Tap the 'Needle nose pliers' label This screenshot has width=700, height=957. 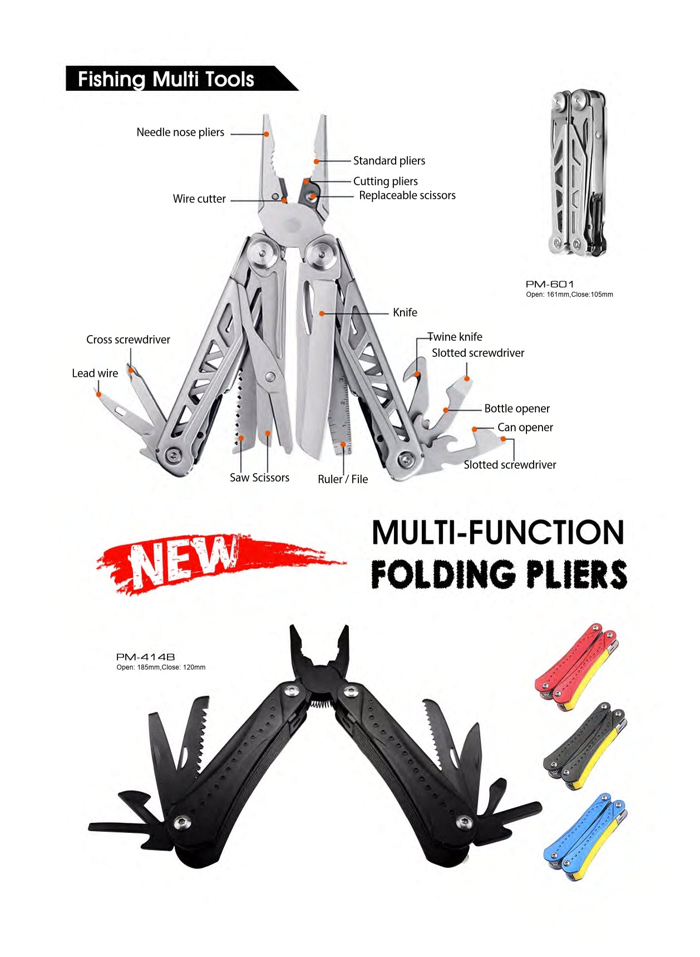[180, 132]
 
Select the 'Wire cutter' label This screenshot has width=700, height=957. [199, 199]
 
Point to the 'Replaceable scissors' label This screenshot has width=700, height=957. [407, 195]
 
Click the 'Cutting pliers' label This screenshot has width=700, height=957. [386, 181]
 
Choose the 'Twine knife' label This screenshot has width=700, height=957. [455, 337]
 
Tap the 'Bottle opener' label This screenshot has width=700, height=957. [517, 409]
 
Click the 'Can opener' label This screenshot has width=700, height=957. [525, 428]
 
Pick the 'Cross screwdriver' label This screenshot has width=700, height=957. [128, 340]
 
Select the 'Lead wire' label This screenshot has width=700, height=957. [95, 374]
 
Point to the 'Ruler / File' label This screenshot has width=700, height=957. [343, 479]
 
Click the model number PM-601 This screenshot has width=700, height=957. [550, 284]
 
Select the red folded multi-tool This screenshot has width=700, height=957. [576, 667]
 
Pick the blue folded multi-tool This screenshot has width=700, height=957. [585, 837]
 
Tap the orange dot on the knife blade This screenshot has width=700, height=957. [322, 314]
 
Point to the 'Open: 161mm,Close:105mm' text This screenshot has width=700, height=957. [569, 295]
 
